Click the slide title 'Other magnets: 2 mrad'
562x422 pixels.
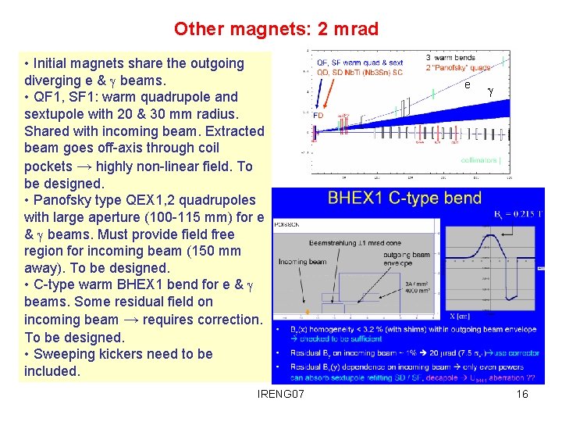[276, 30]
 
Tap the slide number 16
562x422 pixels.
[522, 394]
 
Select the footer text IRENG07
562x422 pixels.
[281, 394]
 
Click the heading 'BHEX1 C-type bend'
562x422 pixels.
[404, 198]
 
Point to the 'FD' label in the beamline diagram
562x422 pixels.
[318, 114]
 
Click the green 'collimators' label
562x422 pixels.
[479, 161]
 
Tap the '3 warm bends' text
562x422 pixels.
[450, 58]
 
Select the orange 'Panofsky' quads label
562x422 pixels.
[459, 67]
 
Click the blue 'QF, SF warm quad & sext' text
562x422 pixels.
[360, 63]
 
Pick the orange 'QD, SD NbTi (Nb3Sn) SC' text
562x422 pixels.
[360, 72]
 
